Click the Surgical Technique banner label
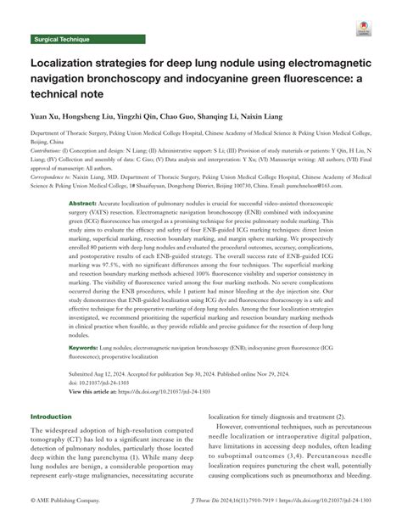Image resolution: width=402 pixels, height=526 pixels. (x=60, y=40)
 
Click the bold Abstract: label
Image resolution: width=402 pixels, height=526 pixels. (x=82, y=204)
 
